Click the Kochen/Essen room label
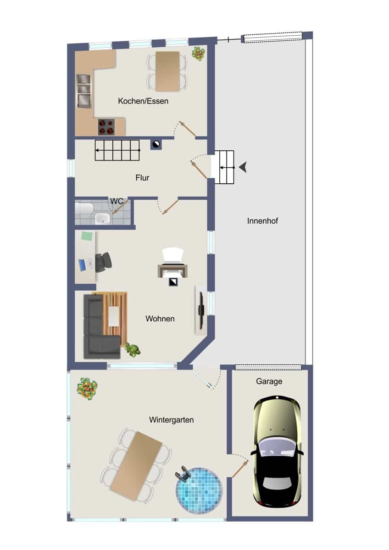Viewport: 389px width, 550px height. coord(143,101)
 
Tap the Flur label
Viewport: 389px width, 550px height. coord(142,178)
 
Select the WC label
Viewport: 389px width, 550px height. coord(117,201)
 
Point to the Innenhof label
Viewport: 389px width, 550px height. coord(262,221)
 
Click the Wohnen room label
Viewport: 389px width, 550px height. coord(160,319)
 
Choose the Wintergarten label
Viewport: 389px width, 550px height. coord(171,420)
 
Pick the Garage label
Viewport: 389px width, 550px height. coord(269,381)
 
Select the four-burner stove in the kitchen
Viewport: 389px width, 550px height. coord(106,127)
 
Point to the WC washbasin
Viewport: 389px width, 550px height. coord(103,218)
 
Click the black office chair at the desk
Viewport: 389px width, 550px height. coord(103,262)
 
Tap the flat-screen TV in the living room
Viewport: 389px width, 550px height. coord(201,310)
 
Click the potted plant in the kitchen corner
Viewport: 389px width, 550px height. coord(199,54)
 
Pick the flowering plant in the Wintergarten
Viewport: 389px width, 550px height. coord(87,389)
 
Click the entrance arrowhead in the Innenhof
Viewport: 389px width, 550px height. coord(243,167)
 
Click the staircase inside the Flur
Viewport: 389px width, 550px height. coord(117,150)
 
